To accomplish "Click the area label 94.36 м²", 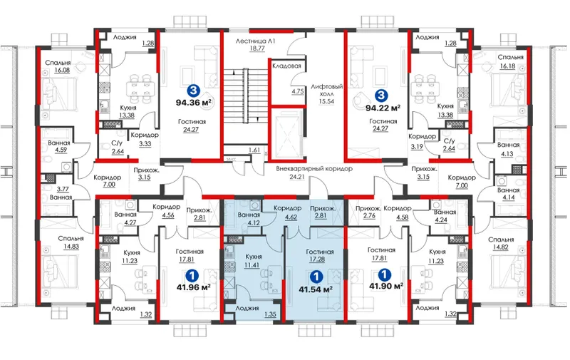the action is click(x=194, y=102).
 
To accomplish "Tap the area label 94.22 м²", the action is click(x=383, y=108).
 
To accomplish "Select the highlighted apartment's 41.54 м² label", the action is click(x=316, y=289).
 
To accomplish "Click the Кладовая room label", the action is click(x=287, y=66).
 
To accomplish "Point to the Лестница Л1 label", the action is click(x=255, y=41).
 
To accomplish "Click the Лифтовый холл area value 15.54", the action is click(x=326, y=101).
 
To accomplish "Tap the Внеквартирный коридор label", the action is click(x=314, y=169).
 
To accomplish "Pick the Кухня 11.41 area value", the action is click(x=252, y=264).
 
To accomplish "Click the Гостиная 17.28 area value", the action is click(x=316, y=259).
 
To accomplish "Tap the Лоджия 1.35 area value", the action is click(x=271, y=314).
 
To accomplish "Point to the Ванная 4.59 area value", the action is click(x=61, y=150).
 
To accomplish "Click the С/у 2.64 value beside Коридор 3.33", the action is click(x=118, y=152).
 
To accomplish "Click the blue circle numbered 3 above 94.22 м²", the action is click(x=380, y=96).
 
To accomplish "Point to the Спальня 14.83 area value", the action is click(x=71, y=246).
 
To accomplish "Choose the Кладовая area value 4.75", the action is click(x=298, y=91).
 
